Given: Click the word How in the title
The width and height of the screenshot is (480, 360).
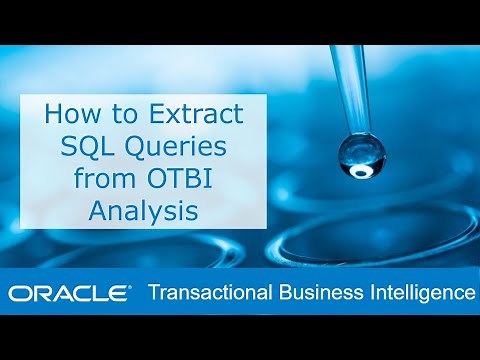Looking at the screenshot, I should tap(68, 114).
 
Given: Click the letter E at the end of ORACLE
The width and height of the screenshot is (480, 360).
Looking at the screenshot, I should tap(117, 293).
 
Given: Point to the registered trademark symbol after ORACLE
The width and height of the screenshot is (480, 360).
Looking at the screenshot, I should tap(130, 287).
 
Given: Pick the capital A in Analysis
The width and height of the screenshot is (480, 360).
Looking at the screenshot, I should tap(97, 215).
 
